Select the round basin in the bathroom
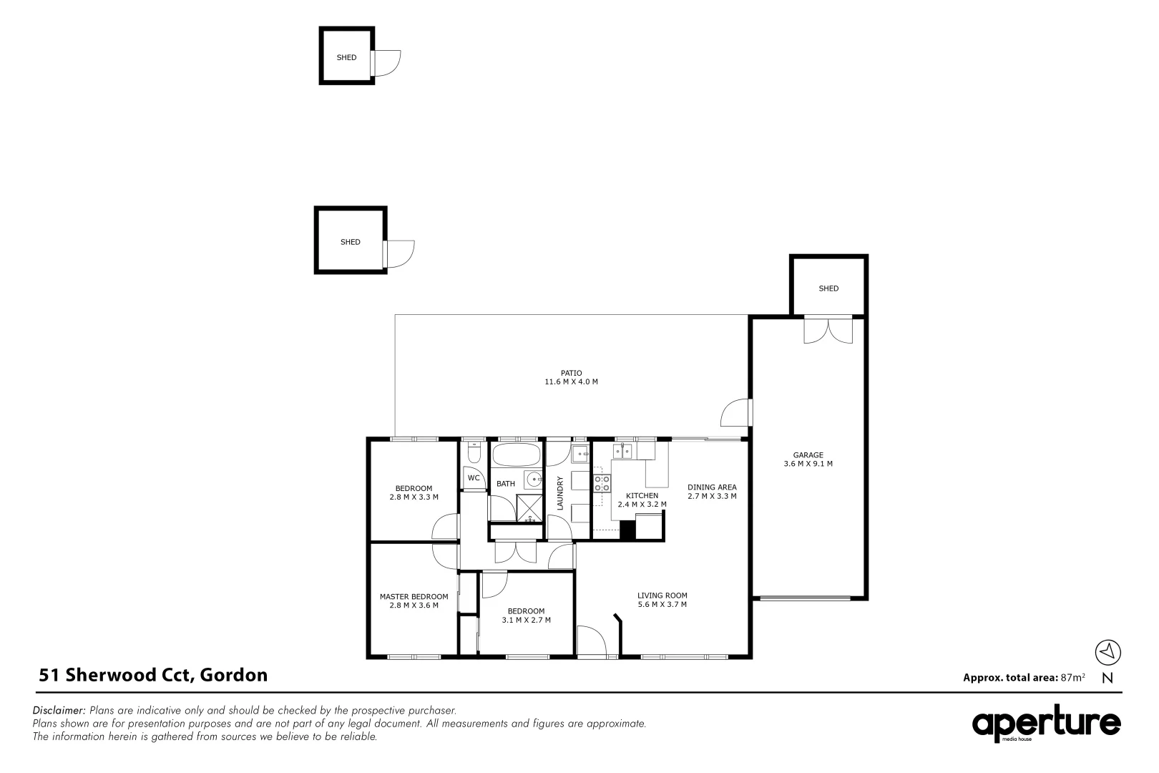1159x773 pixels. tap(532, 480)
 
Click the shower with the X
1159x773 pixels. tap(530, 508)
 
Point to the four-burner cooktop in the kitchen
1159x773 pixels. tap(602, 483)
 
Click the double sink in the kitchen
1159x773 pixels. tap(622, 451)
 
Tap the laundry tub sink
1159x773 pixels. tap(579, 454)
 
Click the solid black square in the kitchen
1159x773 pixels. tap(627, 530)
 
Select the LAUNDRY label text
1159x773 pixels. tap(560, 493)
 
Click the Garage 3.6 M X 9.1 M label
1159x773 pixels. tap(808, 460)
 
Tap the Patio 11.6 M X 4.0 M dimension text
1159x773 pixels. tap(571, 382)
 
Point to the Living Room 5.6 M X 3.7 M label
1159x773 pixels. tap(662, 600)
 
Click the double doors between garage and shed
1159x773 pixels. tap(828, 330)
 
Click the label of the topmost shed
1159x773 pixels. tap(346, 57)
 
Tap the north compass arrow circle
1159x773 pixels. tap(1107, 652)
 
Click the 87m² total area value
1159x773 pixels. tap(1073, 677)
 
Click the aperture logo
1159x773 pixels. tap(1046, 725)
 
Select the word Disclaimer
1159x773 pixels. tap(59, 711)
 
